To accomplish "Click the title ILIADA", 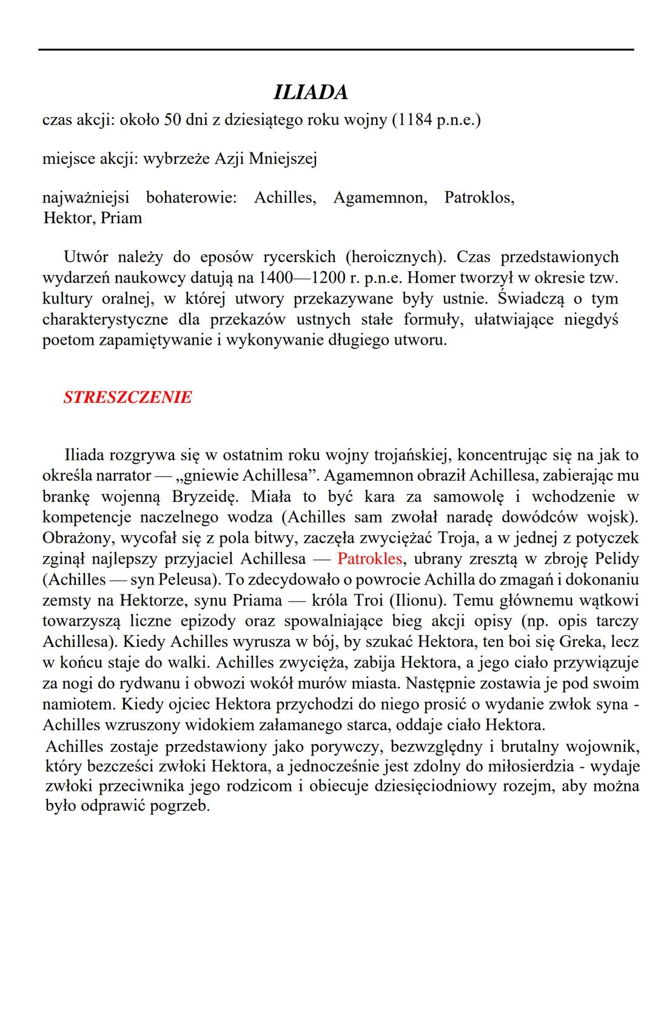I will (x=311, y=92).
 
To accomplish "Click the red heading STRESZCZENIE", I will (x=127, y=398).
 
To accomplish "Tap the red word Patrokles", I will (x=369, y=558).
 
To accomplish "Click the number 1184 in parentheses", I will (x=415, y=120).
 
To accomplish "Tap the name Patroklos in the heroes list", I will (x=479, y=198).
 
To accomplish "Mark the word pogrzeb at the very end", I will (x=179, y=807).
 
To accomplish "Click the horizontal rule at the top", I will (x=336, y=50).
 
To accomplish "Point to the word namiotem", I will (x=79, y=705).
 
